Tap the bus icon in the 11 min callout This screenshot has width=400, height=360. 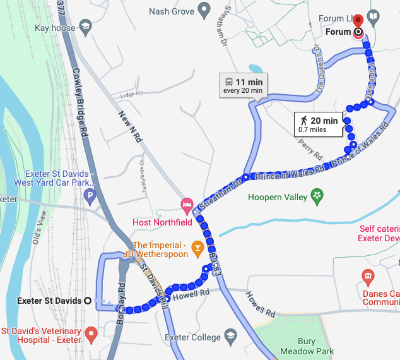(228, 82)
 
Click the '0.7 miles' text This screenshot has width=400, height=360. (312, 129)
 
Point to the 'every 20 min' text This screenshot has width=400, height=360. (243, 91)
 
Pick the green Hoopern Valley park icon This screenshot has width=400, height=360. (318, 196)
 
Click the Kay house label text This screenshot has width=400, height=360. (54, 28)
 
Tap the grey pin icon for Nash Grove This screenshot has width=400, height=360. (203, 10)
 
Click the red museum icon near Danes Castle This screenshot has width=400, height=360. (368, 276)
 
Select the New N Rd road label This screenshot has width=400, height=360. (130, 126)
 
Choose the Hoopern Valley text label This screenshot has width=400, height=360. (278, 197)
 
